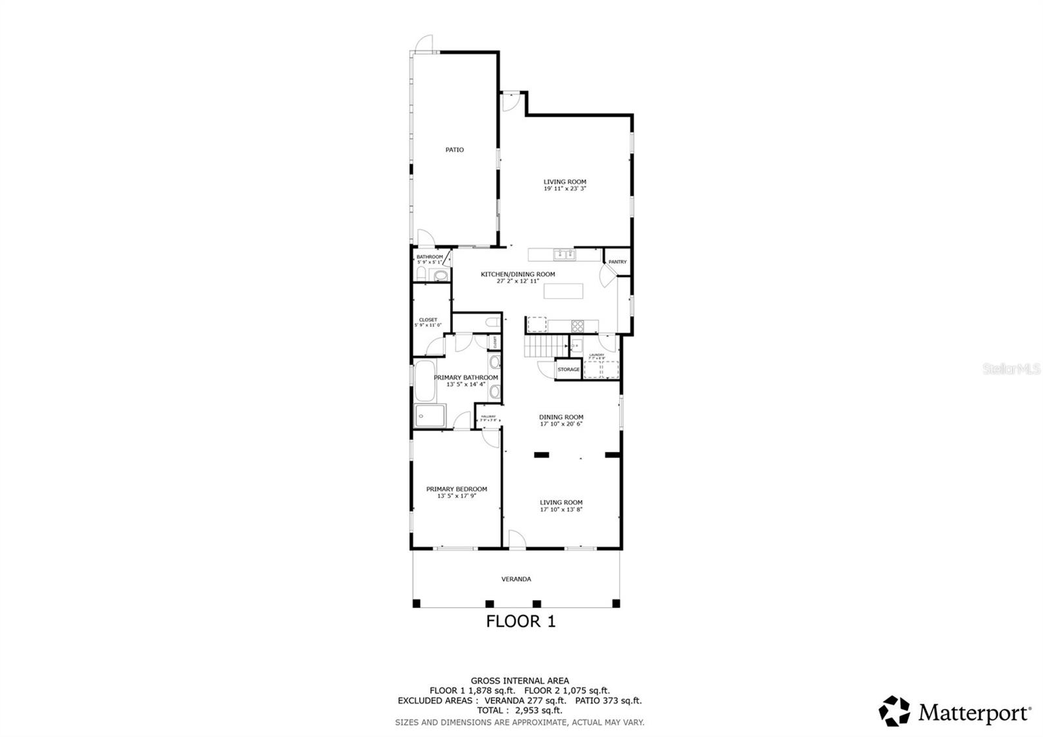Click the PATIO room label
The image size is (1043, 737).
[x=454, y=150]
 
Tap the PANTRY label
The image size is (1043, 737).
[x=617, y=262]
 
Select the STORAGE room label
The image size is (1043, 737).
[x=568, y=370]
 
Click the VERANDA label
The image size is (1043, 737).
[x=516, y=579]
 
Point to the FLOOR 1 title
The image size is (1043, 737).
[x=521, y=622]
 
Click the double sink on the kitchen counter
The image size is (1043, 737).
[x=563, y=254]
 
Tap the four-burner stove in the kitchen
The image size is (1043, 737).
[x=578, y=325]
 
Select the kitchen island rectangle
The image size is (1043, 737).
[x=563, y=290]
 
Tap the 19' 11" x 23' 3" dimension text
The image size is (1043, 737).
[x=565, y=189]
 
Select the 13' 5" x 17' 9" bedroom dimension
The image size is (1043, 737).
[x=456, y=496]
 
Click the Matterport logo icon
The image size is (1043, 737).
[x=894, y=711]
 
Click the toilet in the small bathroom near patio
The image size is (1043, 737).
[x=421, y=273]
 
